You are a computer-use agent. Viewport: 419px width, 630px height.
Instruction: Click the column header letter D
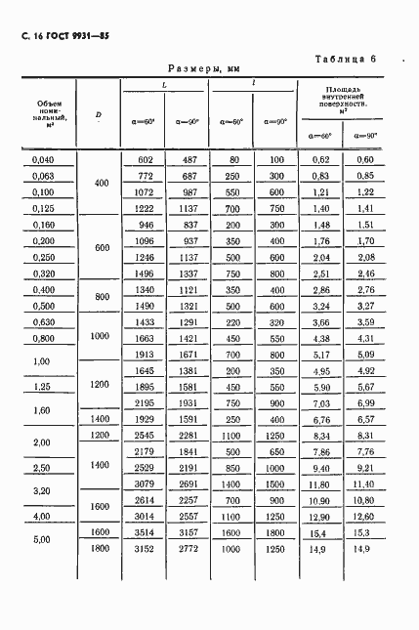click(99, 115)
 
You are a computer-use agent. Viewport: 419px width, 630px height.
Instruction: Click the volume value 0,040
click(44, 159)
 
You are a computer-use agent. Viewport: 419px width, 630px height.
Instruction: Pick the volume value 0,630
click(44, 321)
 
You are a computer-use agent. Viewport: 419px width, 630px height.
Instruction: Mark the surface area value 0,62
click(320, 159)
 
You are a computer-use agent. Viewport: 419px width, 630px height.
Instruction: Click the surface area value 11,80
click(320, 483)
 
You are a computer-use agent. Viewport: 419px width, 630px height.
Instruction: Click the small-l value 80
click(234, 159)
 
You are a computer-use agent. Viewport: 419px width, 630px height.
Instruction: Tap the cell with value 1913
click(146, 355)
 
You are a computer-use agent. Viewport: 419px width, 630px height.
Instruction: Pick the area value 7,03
click(320, 402)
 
